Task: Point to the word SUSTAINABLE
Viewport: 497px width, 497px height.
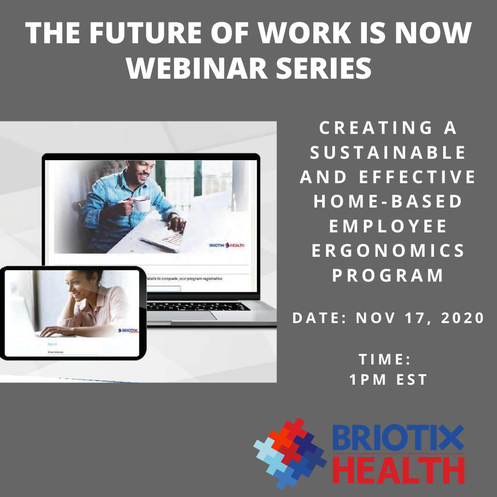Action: point(388,153)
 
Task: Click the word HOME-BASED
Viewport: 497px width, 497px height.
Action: point(388,202)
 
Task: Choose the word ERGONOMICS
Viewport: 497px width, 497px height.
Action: point(388,251)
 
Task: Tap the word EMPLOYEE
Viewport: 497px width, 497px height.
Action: point(388,226)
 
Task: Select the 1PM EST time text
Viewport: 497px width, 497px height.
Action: point(388,380)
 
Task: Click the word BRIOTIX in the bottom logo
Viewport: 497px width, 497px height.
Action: point(398,438)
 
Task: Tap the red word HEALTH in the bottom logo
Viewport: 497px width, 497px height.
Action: point(399,470)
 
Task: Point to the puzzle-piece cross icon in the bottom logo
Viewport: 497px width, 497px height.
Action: point(290,453)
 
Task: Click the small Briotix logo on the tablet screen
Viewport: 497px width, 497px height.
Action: point(127,331)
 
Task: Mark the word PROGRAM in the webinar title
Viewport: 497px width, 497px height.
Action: point(388,276)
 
